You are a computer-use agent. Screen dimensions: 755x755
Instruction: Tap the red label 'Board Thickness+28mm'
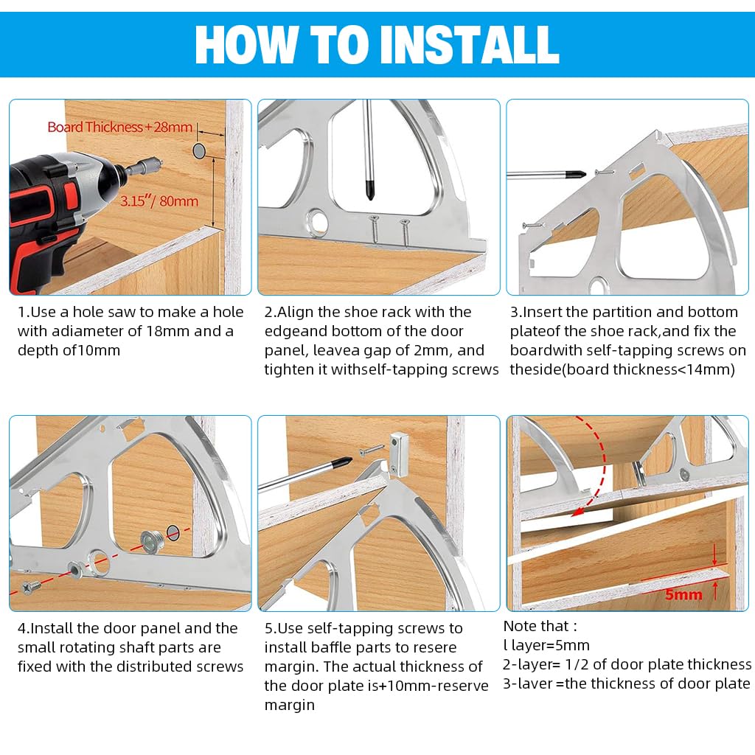click(x=120, y=127)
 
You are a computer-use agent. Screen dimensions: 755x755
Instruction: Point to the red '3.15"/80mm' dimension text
click(x=159, y=201)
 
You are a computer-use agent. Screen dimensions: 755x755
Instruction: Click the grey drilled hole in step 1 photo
click(x=199, y=150)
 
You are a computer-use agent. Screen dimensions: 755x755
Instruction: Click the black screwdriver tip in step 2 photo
click(x=370, y=190)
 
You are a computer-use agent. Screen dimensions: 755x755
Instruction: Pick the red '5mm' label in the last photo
click(x=683, y=594)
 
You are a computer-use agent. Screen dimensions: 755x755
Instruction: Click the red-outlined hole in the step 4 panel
click(x=173, y=532)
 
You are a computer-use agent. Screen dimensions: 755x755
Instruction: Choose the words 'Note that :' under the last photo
click(x=540, y=626)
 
